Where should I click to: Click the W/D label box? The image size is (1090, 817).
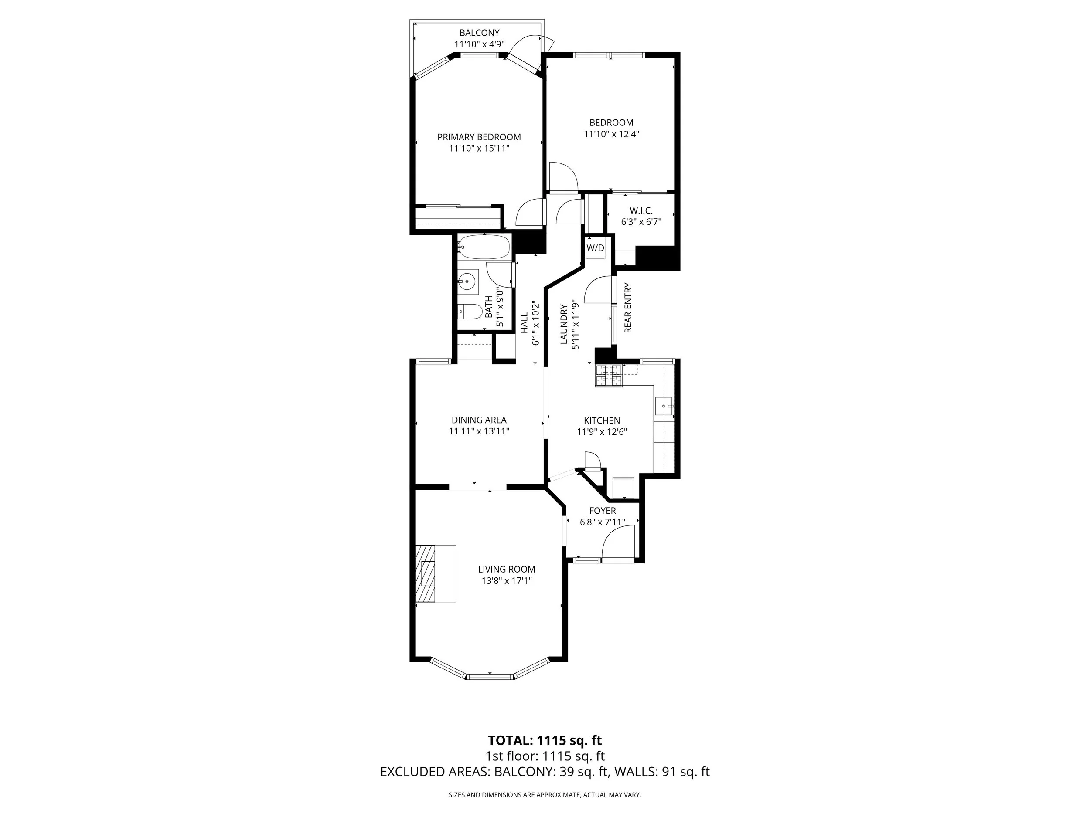(595, 247)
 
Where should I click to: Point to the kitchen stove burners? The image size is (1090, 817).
(609, 376)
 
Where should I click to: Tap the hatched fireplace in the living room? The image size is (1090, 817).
(425, 573)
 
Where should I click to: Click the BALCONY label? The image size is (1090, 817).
(480, 33)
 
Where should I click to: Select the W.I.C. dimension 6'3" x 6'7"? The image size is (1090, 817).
(641, 222)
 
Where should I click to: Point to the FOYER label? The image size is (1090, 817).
(602, 511)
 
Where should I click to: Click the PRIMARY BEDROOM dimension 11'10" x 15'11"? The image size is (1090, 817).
(479, 148)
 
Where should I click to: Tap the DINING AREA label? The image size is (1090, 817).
(479, 420)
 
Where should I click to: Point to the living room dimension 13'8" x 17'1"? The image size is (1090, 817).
(507, 581)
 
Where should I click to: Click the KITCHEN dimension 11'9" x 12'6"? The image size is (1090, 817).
(602, 432)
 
